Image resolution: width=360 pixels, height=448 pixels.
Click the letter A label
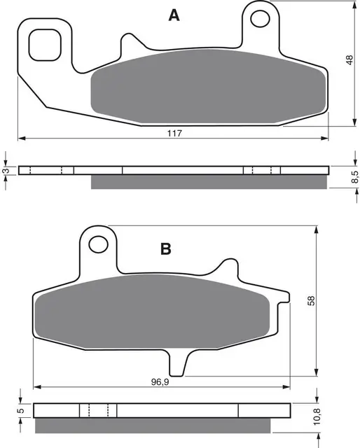tap(174, 15)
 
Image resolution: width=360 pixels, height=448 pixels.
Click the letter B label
tap(166, 248)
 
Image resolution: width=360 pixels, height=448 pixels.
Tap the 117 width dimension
tap(174, 133)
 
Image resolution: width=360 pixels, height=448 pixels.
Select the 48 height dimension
tap(349, 60)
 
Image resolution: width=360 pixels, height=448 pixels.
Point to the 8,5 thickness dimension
tap(354, 177)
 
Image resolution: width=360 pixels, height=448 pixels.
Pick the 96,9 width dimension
tap(160, 382)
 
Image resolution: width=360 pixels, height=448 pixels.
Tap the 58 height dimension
tap(311, 301)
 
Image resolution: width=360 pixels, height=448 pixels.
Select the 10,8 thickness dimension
tap(317, 416)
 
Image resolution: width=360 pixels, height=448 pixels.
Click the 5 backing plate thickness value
tap(20, 411)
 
